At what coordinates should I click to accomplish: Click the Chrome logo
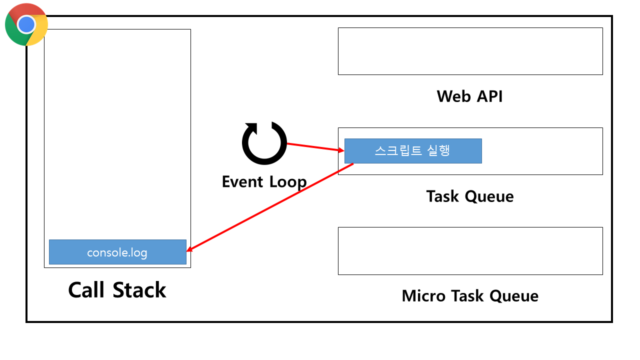(26, 24)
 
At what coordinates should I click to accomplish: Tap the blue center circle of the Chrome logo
(26, 24)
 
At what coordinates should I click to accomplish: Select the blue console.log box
(117, 252)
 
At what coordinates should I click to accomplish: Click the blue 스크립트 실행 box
(413, 151)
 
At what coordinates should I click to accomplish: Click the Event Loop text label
(264, 181)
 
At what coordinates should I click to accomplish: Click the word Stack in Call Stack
(139, 290)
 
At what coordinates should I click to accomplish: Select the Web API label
(469, 96)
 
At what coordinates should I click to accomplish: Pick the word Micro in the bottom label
(423, 295)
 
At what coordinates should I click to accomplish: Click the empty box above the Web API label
(470, 51)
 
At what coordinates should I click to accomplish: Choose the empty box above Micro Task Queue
(470, 251)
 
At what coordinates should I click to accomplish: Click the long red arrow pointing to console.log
(270, 207)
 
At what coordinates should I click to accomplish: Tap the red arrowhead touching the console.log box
(190, 248)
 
